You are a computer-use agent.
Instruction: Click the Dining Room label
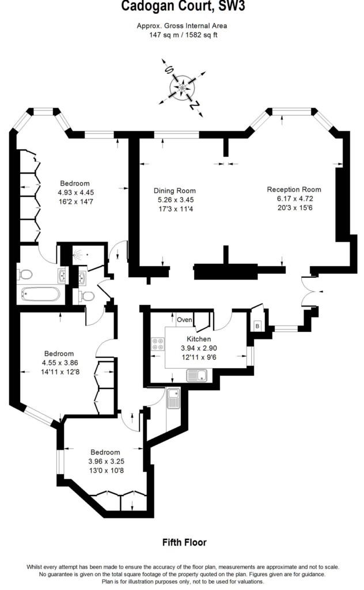tap(175, 190)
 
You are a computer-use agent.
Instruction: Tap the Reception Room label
tap(294, 189)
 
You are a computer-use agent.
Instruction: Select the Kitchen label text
tap(199, 339)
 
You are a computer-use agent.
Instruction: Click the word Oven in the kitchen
tap(184, 320)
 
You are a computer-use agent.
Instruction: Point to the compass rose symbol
tap(183, 88)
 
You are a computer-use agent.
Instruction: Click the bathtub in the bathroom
tap(41, 294)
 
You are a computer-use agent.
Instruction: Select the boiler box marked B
tap(257, 326)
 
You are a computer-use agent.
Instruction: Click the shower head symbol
tap(78, 255)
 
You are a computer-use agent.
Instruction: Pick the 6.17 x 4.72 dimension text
tap(295, 199)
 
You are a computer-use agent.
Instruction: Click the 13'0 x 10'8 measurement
tap(106, 471)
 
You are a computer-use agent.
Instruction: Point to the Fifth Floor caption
tap(184, 542)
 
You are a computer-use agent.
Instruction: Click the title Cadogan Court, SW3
tap(183, 6)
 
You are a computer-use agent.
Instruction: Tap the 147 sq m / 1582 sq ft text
tap(183, 35)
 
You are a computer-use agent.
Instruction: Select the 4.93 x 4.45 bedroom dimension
tap(75, 192)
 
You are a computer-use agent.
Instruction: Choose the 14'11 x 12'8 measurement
tap(60, 372)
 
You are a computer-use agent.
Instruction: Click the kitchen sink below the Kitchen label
tap(196, 375)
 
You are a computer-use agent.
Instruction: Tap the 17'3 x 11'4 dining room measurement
tap(175, 209)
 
